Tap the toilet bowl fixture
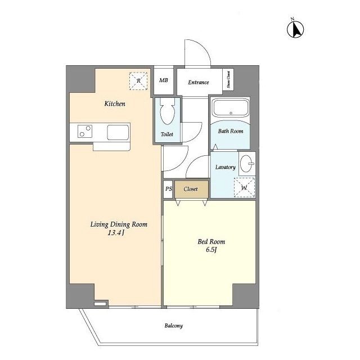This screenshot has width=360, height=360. [x=168, y=111]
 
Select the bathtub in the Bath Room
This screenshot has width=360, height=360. [x=231, y=107]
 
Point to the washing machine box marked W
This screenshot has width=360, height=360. [x=244, y=187]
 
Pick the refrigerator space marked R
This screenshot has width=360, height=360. [x=138, y=81]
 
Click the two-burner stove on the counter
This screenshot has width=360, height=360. [x=85, y=131]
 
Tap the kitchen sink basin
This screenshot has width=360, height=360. [x=118, y=133]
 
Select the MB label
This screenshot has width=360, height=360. [x=164, y=80]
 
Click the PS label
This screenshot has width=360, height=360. [x=169, y=189]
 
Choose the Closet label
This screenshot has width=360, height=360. [x=191, y=189]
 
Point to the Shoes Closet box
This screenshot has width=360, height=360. [x=228, y=79]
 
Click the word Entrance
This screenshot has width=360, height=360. [x=199, y=82]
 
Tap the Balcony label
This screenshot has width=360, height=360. [x=174, y=326]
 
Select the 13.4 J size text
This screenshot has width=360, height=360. [x=116, y=233]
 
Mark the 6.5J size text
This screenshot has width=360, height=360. [x=211, y=250]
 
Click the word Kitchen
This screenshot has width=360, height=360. [x=115, y=103]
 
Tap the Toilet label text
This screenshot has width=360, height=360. [x=167, y=134]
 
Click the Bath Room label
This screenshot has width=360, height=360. [x=231, y=131]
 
